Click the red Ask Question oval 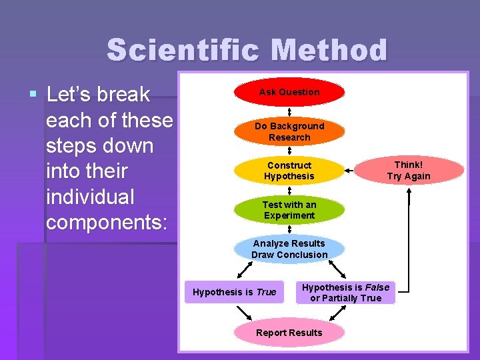[x=289, y=93]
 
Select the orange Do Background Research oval [x=289, y=131]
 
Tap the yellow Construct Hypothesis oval [x=289, y=171]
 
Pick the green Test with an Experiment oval [x=289, y=210]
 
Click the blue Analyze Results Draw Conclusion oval [x=289, y=249]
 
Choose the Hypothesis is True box [x=234, y=292]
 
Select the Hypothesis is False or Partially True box [x=345, y=293]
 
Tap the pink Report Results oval [x=289, y=333]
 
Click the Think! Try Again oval [x=409, y=171]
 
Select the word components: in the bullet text [x=106, y=222]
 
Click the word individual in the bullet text [x=90, y=197]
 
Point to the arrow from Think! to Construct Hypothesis [x=349, y=171]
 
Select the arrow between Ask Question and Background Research [x=289, y=111]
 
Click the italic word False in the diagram [x=377, y=287]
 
